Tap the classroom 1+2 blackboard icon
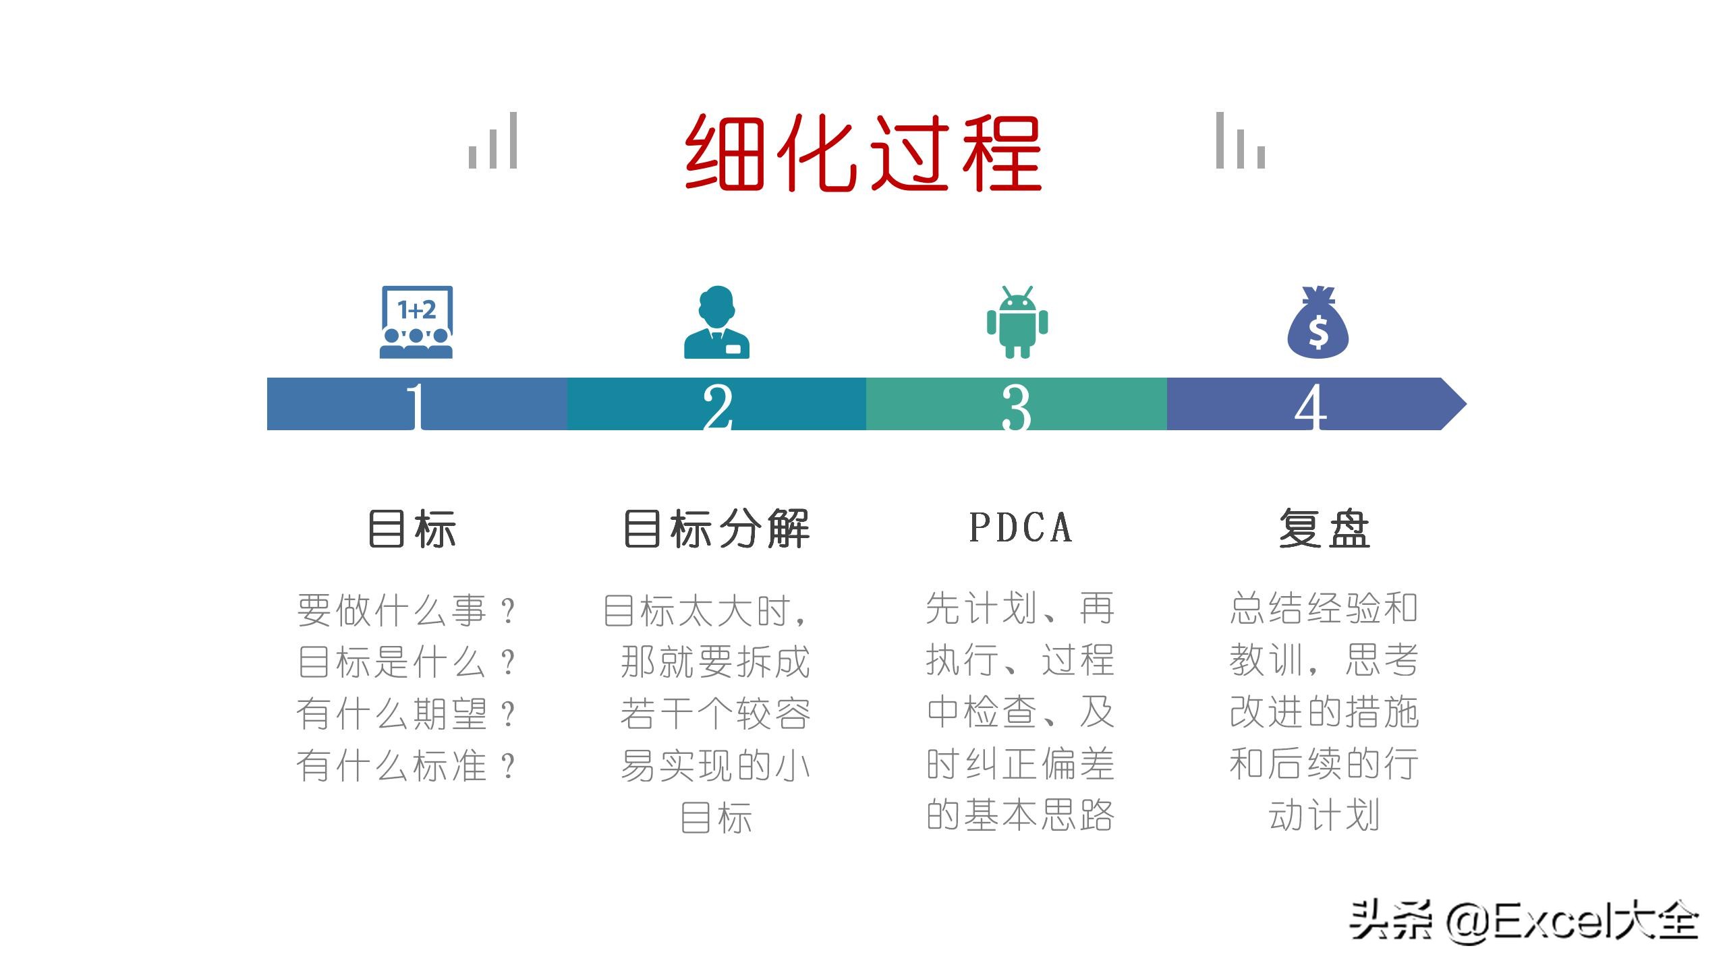pyautogui.click(x=416, y=322)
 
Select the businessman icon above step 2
pyautogui.click(x=716, y=322)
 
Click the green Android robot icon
pyautogui.click(x=1017, y=322)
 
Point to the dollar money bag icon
pyautogui.click(x=1318, y=322)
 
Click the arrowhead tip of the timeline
pyautogui.click(x=1467, y=404)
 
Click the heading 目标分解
pyautogui.click(x=716, y=529)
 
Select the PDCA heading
pyautogui.click(x=1020, y=527)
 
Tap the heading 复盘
pyautogui.click(x=1324, y=529)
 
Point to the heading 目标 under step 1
pyautogui.click(x=412, y=529)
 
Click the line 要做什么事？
pyautogui.click(x=407, y=610)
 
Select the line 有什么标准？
pyautogui.click(x=407, y=765)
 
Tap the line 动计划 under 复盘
pyautogui.click(x=1324, y=815)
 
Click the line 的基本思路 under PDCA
pyautogui.click(x=1020, y=815)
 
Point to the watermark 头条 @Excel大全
pyautogui.click(x=1523, y=921)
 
